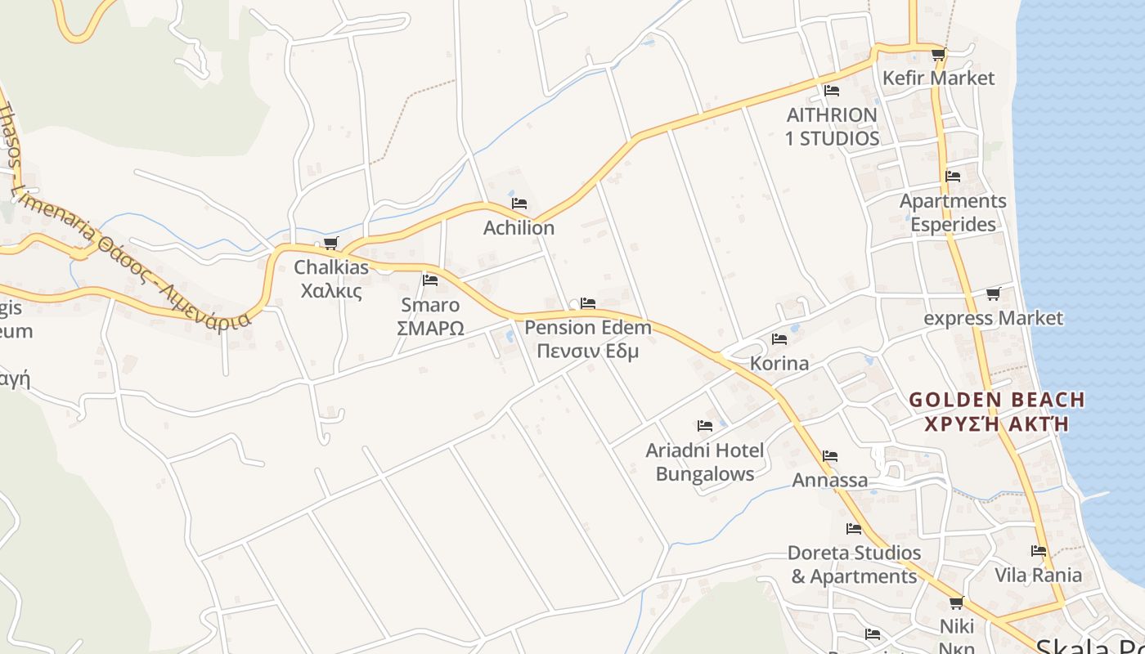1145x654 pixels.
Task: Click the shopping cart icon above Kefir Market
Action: tap(938, 55)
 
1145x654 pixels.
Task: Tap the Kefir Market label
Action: tap(938, 78)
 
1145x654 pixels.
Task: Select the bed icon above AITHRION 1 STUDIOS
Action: tap(832, 90)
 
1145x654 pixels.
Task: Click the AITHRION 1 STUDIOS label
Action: tap(832, 127)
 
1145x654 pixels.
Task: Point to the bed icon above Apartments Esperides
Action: tap(953, 176)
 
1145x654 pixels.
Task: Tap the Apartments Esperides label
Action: tap(953, 213)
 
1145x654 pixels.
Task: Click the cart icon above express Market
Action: tap(993, 293)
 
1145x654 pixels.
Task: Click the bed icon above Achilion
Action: tap(519, 203)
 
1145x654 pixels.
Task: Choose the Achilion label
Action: tap(519, 228)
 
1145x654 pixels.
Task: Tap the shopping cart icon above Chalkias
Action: tap(331, 243)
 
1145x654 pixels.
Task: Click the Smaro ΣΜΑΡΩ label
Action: tap(430, 316)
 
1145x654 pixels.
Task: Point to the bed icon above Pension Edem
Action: tap(588, 303)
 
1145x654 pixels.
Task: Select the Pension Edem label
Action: tap(588, 339)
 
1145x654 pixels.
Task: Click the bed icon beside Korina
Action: tap(779, 338)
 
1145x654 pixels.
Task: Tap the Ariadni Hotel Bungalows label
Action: tap(705, 462)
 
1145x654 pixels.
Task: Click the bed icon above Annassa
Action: tap(830, 455)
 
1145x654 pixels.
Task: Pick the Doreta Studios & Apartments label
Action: tap(854, 564)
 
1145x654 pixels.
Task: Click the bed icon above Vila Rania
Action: tap(1039, 551)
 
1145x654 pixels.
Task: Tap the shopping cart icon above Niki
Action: tap(956, 603)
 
